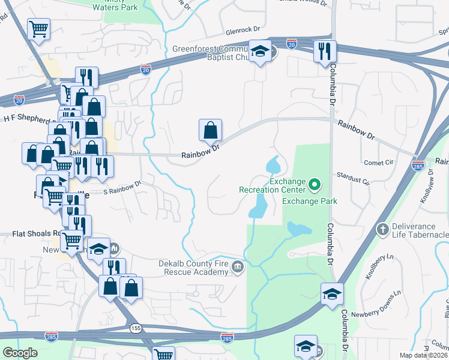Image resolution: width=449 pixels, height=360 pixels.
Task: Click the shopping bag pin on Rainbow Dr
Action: coord(210,130)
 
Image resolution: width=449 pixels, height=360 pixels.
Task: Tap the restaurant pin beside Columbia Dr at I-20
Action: coord(325,52)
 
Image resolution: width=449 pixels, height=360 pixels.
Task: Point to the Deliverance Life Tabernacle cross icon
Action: coord(381,229)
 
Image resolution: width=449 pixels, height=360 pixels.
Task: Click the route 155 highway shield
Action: coord(136,328)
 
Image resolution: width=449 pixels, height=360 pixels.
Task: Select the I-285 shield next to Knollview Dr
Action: coord(418,164)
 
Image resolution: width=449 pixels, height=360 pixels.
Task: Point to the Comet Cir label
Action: coord(378,163)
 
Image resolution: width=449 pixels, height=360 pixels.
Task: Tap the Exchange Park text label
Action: coord(310,201)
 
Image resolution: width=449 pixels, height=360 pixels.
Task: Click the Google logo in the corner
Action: coord(20,352)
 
